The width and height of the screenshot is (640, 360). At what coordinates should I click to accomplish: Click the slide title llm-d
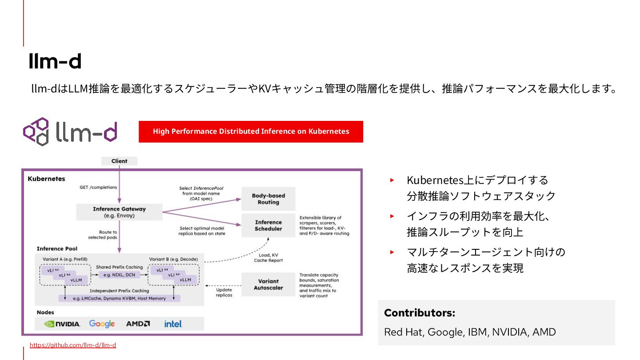(55, 61)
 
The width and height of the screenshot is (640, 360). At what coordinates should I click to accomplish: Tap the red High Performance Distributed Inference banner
(251, 132)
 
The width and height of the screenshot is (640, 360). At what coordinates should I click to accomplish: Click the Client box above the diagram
(119, 161)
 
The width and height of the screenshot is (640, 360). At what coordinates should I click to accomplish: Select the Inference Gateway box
(119, 212)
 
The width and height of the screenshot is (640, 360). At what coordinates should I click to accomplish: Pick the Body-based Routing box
(268, 199)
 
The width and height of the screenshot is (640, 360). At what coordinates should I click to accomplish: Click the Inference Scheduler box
(268, 225)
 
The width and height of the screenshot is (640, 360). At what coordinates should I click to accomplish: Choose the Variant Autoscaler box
(268, 284)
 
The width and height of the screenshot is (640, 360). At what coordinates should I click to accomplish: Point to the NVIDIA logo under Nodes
(62, 324)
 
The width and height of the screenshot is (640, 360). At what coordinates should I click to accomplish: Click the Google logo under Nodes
(102, 324)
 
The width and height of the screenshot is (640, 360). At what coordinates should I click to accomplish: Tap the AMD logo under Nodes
(138, 324)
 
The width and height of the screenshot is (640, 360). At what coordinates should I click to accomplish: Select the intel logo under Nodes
(173, 324)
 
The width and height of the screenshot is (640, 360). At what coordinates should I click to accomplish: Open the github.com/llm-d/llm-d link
(73, 345)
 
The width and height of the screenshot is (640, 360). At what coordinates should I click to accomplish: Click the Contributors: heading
(420, 313)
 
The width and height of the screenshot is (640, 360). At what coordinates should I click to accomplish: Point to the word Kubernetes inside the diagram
(46, 179)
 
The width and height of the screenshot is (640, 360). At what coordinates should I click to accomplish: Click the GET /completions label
(98, 187)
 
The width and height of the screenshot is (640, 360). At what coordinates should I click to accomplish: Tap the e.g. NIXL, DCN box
(119, 275)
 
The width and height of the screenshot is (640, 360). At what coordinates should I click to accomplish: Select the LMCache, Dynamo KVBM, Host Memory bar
(119, 298)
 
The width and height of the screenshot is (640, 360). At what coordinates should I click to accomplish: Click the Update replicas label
(224, 292)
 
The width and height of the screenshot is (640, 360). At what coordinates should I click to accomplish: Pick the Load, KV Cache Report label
(268, 258)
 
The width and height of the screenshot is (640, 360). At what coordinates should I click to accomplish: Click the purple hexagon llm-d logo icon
(36, 132)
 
